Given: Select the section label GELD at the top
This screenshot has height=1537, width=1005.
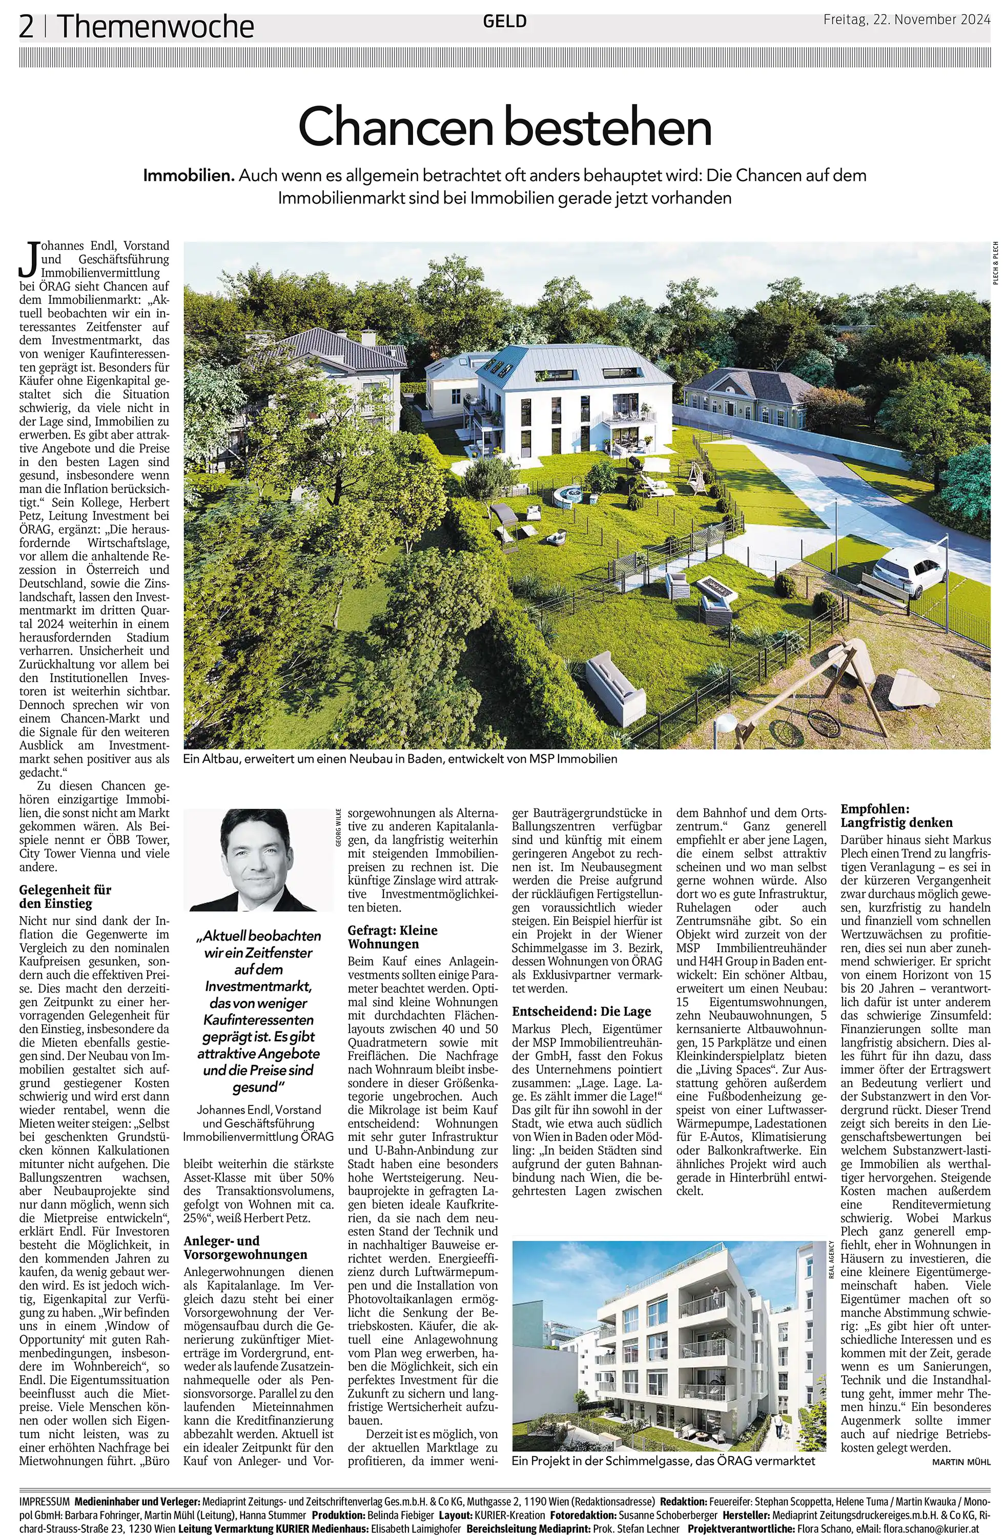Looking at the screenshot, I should tap(504, 22).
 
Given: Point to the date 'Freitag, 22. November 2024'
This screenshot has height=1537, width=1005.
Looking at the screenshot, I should tap(906, 20).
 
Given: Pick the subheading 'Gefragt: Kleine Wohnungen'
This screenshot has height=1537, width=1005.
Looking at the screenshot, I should tap(392, 937).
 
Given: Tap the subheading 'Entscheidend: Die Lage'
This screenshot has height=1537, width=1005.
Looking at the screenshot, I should tap(581, 1011).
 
